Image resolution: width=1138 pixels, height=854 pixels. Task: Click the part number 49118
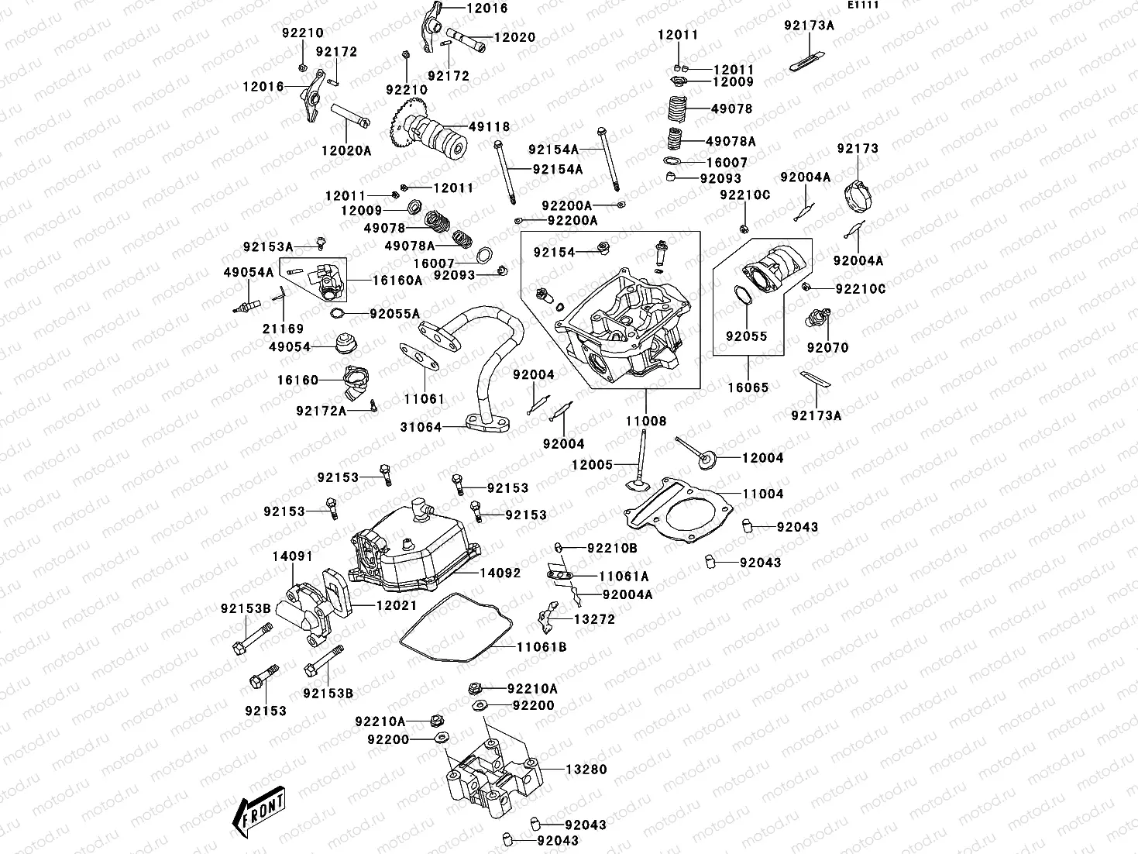pos(489,127)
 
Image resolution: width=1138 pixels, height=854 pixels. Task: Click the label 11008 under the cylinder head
pos(646,421)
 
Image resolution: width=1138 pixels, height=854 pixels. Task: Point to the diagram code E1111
pos(862,5)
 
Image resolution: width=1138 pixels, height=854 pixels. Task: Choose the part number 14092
pos(500,573)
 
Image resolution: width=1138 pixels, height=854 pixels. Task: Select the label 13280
pos(586,770)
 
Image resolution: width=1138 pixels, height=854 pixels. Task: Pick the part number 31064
pos(421,427)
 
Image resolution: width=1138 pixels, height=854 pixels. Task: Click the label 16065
pos(748,387)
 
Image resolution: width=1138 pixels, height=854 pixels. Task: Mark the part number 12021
pos(397,605)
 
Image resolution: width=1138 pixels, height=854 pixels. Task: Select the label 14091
pos(292,556)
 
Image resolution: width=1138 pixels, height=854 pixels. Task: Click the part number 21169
pos(284,329)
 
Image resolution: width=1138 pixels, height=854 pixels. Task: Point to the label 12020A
pos(346,151)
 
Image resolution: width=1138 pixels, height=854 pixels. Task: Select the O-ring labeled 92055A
pos(338,313)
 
